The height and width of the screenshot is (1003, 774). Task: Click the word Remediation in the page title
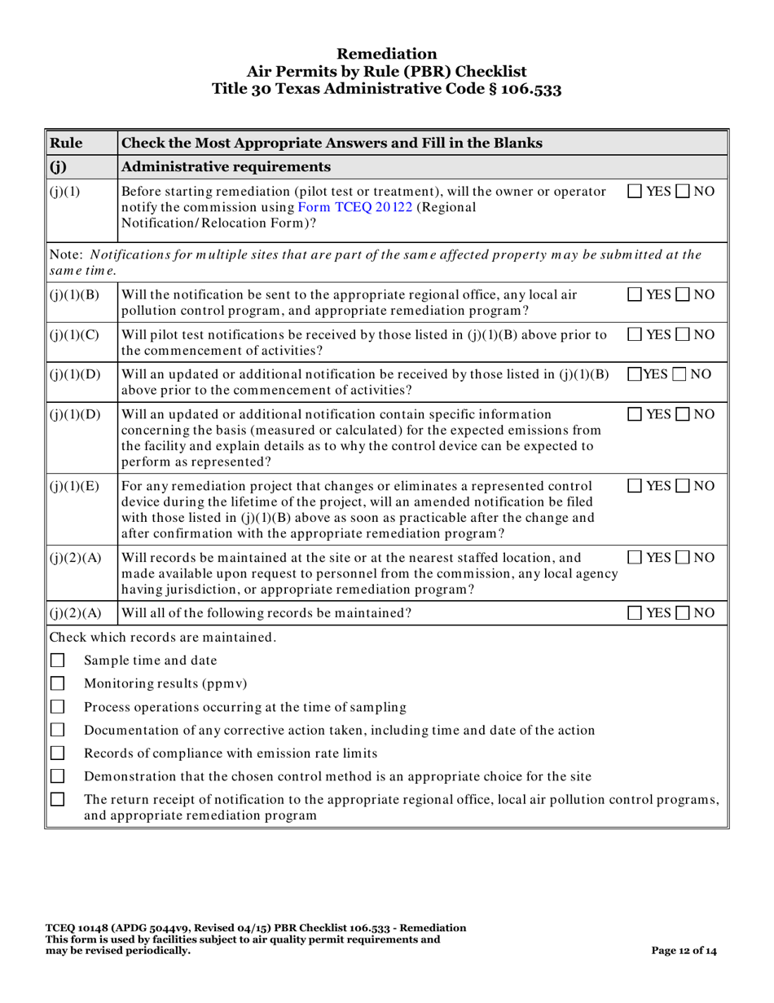tap(386, 54)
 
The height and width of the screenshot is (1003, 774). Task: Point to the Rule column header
tap(66, 144)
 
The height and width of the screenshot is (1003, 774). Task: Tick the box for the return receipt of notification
tap(57, 800)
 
